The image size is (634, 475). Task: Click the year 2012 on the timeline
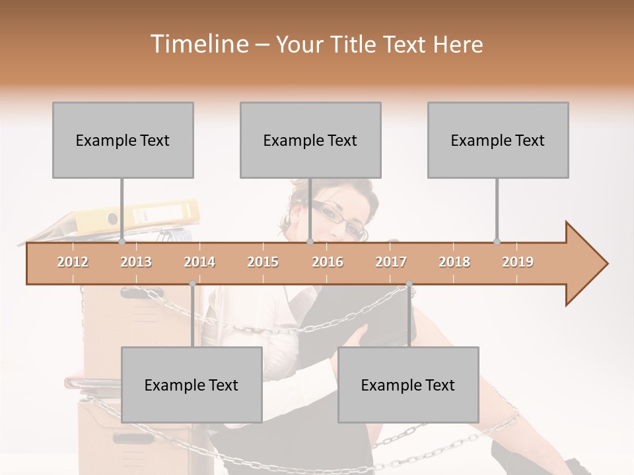pyautogui.click(x=73, y=262)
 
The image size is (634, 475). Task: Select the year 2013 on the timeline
pyautogui.click(x=136, y=262)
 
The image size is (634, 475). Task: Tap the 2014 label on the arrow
pyautogui.click(x=199, y=262)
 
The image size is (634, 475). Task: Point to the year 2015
pyautogui.click(x=263, y=262)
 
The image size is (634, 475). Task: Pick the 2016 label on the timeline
pyautogui.click(x=328, y=262)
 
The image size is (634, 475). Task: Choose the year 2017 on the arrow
pyautogui.click(x=391, y=262)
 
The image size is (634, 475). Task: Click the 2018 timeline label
pyautogui.click(x=454, y=262)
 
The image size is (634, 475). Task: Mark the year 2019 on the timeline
pyautogui.click(x=518, y=262)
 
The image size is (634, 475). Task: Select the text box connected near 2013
pyautogui.click(x=123, y=140)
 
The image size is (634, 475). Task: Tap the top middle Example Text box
pyautogui.click(x=310, y=140)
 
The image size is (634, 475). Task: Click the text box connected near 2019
pyautogui.click(x=498, y=140)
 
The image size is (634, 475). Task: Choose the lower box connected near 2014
pyautogui.click(x=192, y=385)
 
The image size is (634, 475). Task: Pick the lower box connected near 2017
pyautogui.click(x=408, y=385)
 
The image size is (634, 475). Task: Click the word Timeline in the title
pyautogui.click(x=198, y=44)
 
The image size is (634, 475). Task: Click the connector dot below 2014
pyautogui.click(x=192, y=284)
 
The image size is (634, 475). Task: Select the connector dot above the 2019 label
pyautogui.click(x=497, y=241)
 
